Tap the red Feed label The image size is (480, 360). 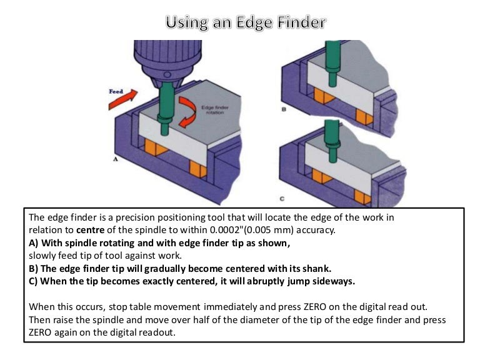coord(117,91)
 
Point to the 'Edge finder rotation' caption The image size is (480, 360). coord(214,110)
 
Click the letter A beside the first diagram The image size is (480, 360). coord(115,160)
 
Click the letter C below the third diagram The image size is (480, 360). coord(282,199)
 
